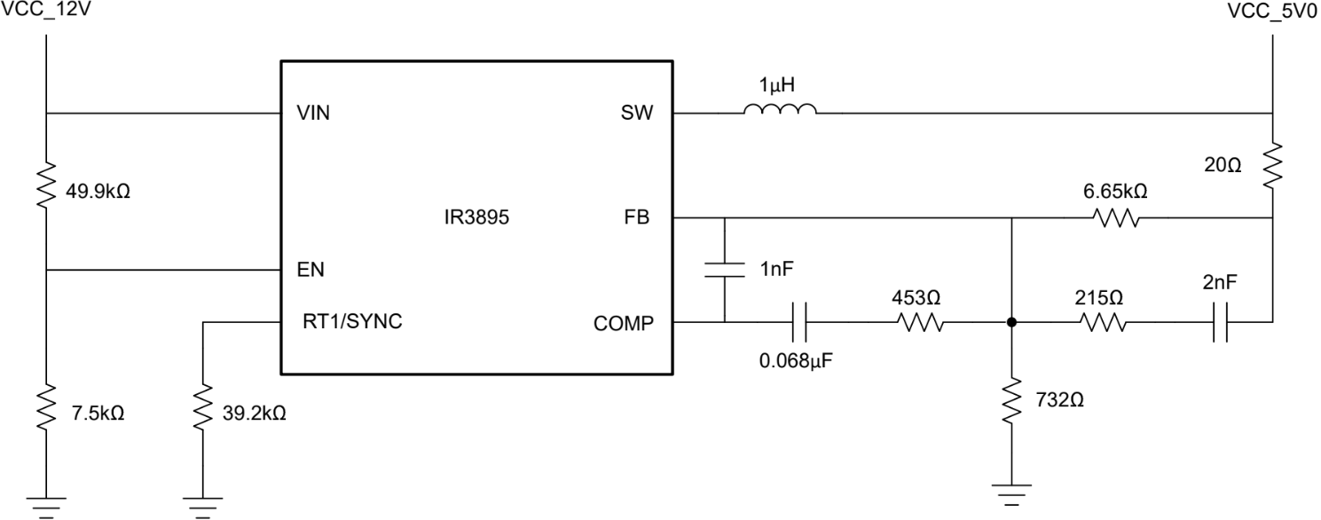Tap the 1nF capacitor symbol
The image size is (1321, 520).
[725, 270]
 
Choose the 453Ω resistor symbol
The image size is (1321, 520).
[923, 324]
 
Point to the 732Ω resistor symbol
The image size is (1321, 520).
[1011, 404]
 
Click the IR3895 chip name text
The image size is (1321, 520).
[476, 218]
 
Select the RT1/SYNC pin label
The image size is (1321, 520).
[352, 321]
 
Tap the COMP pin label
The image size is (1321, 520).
[623, 324]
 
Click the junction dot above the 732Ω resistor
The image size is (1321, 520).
[1011, 324]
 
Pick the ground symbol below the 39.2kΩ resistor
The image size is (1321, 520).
[203, 504]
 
